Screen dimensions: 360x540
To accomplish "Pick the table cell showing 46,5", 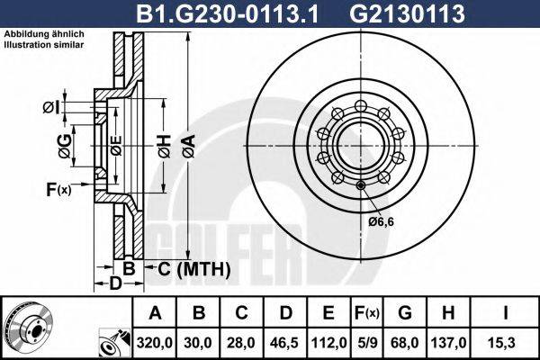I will tap(285, 343).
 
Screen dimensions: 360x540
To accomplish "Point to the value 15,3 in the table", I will tap(507, 343).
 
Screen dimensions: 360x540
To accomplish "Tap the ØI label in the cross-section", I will tap(51, 108).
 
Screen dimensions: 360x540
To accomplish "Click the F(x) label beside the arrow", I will tap(58, 189).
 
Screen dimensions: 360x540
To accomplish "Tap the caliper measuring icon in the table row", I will tap(114, 343).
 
